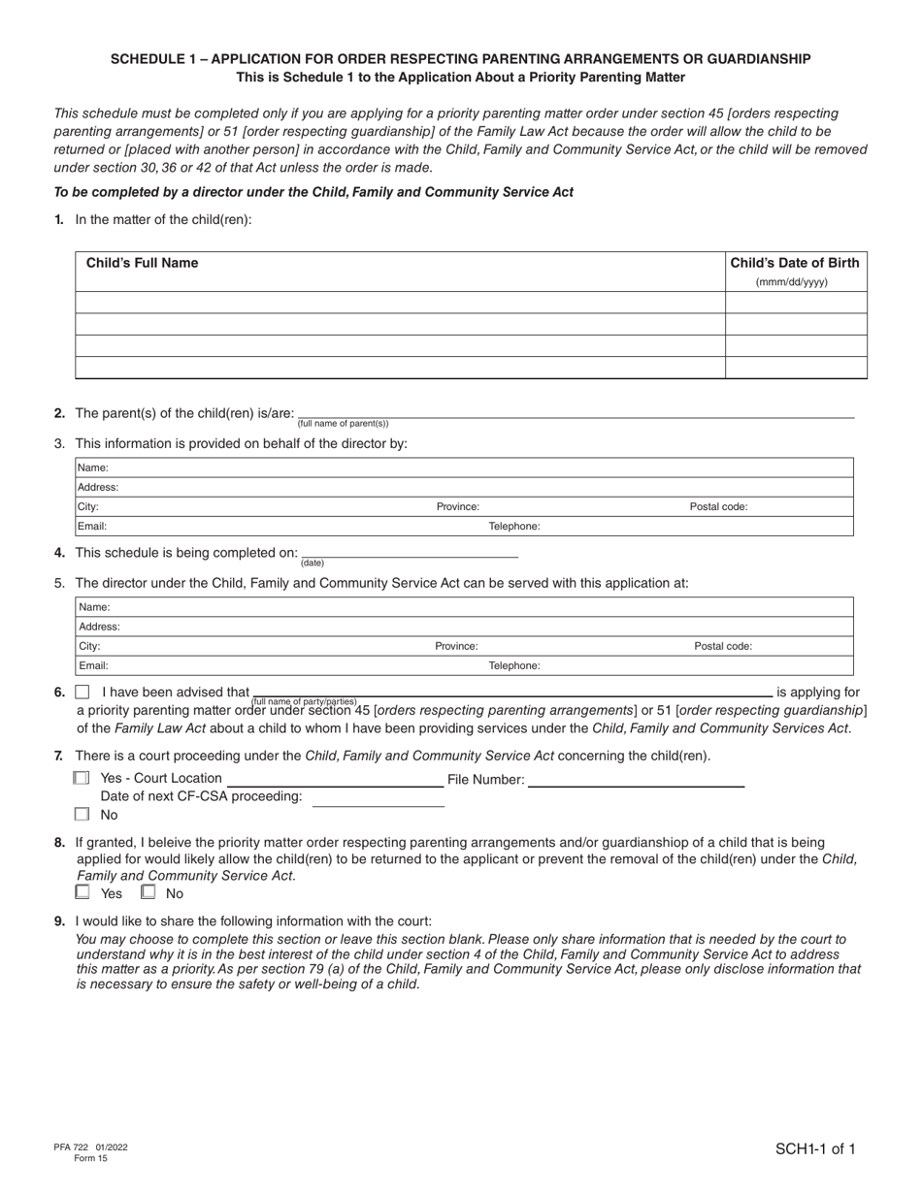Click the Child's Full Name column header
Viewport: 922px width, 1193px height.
[x=142, y=263]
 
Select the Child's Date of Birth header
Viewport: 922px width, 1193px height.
[x=794, y=263]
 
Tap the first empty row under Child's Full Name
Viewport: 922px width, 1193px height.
[x=400, y=303]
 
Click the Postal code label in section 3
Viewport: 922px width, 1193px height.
[x=718, y=506]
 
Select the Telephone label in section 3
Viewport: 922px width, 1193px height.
[x=513, y=526]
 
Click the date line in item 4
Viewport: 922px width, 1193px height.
[x=410, y=552]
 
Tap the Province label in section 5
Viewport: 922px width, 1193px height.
[x=456, y=646]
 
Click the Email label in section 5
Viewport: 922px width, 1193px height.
[x=93, y=665]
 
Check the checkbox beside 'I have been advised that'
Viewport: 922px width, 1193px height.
[x=82, y=693]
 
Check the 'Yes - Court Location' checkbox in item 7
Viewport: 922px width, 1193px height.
[x=82, y=778]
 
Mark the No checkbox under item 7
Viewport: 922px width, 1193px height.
[x=82, y=815]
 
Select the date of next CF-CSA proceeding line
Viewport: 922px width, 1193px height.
[x=378, y=798]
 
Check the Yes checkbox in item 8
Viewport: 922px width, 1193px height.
[x=82, y=892]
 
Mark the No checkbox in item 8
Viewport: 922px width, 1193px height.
[x=148, y=892]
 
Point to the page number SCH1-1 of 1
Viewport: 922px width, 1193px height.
[x=814, y=1149]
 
